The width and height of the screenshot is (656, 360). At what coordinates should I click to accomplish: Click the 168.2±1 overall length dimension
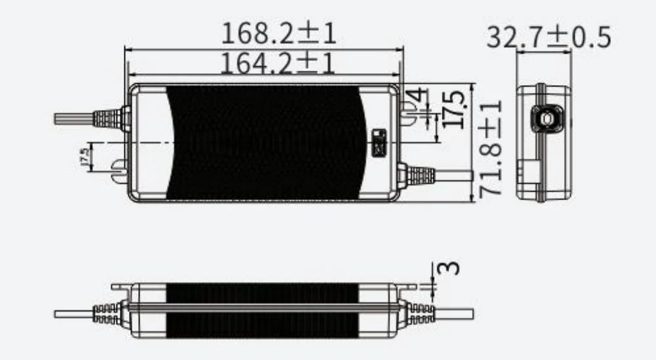tap(279, 33)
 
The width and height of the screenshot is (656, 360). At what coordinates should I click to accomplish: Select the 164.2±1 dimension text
tap(278, 63)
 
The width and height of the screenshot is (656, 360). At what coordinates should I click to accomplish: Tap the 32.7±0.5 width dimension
tap(548, 37)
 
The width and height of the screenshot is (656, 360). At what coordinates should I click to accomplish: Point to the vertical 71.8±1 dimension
tap(491, 149)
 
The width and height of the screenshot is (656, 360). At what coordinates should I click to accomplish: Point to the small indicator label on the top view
tap(378, 143)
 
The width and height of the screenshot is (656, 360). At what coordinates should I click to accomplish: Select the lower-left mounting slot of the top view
tap(118, 170)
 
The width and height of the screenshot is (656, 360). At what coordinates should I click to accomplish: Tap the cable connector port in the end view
tap(544, 118)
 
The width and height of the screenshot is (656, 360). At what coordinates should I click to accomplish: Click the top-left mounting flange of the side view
tap(120, 286)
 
